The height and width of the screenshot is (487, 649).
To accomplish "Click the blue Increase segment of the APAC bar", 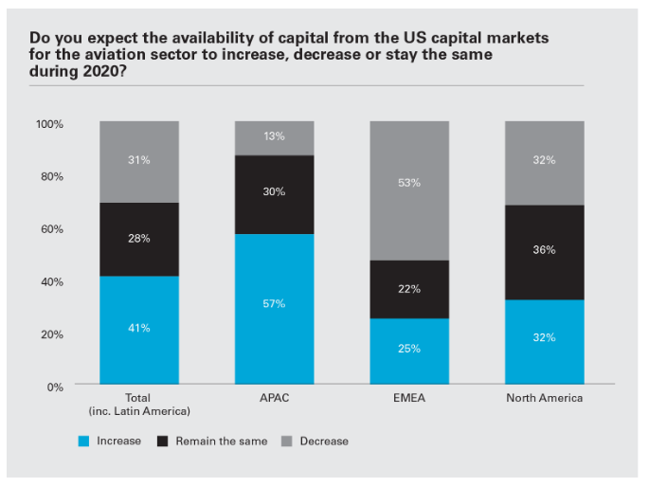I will click(274, 310).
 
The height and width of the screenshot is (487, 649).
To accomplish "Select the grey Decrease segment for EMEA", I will click(409, 190).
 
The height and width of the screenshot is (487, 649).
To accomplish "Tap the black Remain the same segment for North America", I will click(544, 252).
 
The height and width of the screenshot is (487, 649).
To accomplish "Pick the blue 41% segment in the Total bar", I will click(139, 331).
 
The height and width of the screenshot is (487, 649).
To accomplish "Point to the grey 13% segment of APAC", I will click(274, 137).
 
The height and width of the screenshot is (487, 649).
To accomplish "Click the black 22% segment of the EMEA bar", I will click(409, 289).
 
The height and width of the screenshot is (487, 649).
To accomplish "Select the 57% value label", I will click(274, 303).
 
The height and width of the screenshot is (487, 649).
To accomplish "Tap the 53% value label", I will click(409, 182).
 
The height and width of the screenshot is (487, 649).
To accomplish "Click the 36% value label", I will click(544, 250).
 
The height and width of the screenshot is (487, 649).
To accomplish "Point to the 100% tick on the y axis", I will click(49, 124).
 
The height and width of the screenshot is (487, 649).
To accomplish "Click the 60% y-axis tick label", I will click(52, 229).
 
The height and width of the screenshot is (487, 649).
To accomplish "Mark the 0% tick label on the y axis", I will click(55, 387).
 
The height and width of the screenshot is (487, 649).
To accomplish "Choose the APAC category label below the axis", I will click(274, 398).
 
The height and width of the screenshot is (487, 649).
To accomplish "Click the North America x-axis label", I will click(544, 398).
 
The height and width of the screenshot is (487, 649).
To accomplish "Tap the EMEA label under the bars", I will click(409, 398).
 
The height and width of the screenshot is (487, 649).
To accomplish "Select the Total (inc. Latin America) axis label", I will click(139, 404).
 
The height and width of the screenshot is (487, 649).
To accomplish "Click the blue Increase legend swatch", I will click(83, 441).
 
